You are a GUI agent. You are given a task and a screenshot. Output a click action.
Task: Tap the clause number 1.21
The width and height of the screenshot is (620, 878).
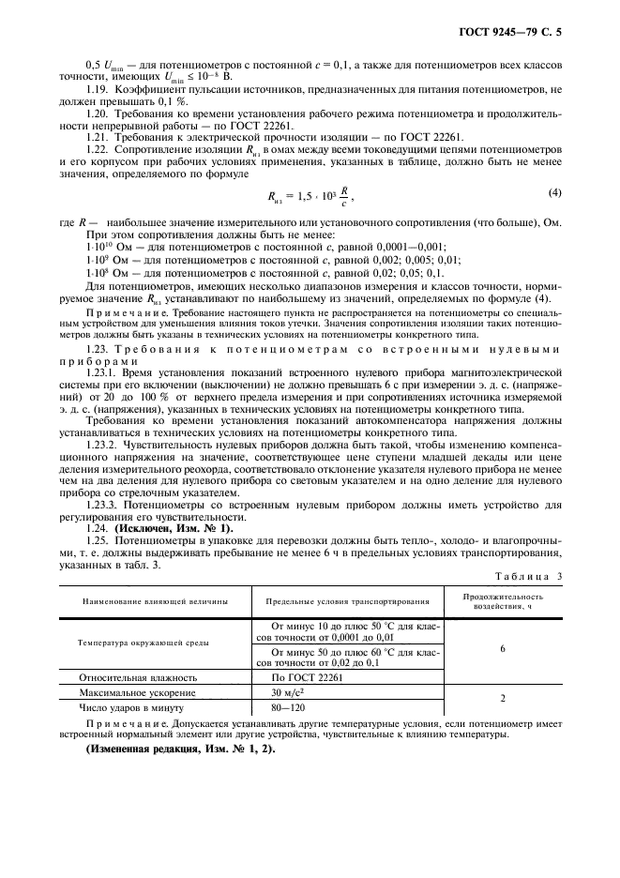(x=98, y=137)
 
